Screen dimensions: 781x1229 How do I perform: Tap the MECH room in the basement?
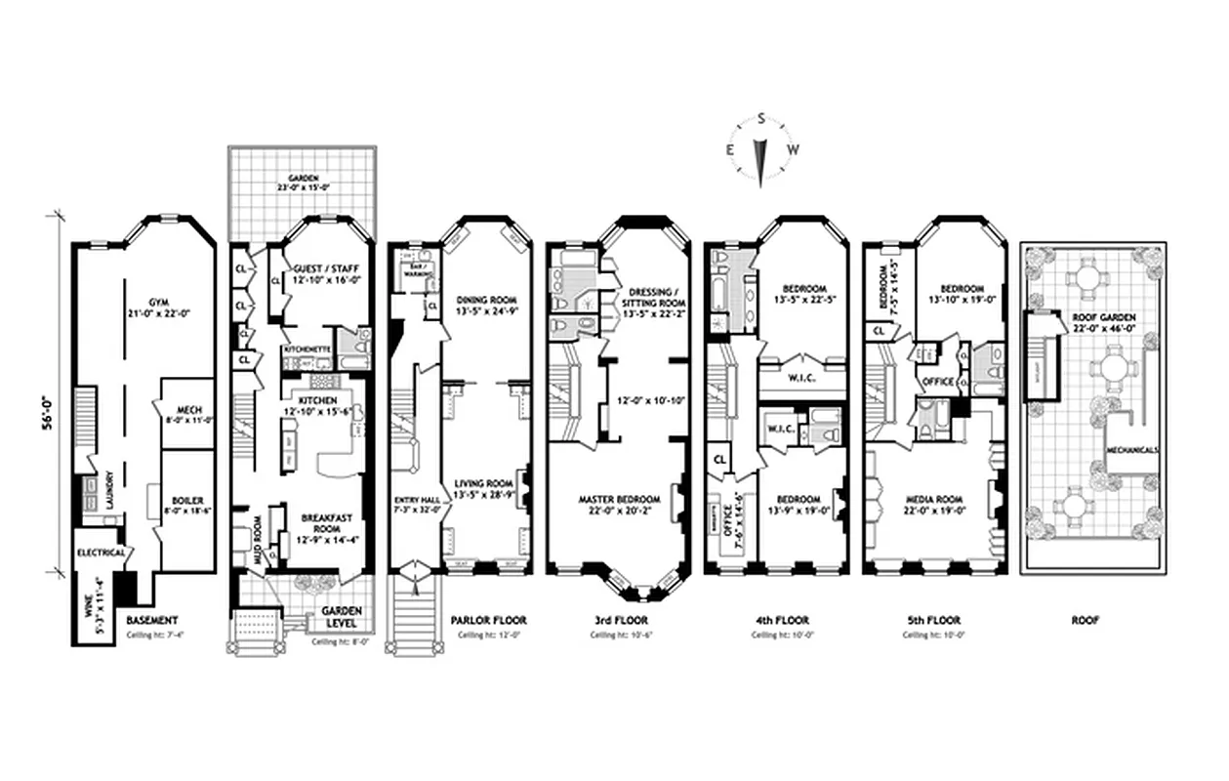pos(185,411)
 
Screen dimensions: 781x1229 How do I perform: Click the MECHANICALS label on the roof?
pos(1132,451)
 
